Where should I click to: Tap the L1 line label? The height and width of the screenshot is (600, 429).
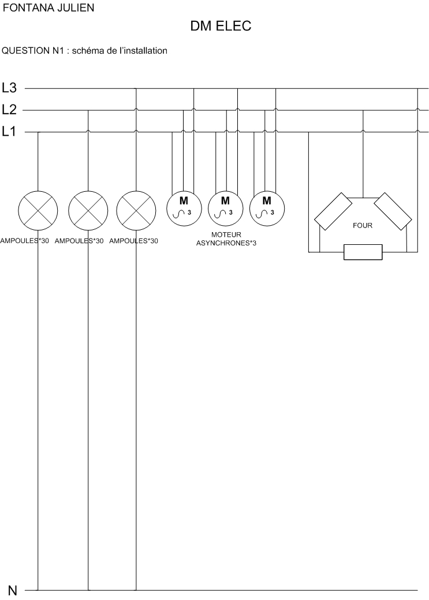click(x=9, y=132)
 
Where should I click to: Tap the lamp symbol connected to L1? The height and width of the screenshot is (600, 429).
click(x=38, y=210)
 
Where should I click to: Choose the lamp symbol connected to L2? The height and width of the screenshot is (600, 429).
click(x=88, y=210)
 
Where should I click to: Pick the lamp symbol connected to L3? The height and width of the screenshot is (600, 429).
click(x=136, y=210)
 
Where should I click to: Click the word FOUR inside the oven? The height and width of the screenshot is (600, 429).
click(x=363, y=226)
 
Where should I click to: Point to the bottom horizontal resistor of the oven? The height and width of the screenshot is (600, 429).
click(x=363, y=252)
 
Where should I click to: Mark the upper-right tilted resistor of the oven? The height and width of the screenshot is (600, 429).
click(x=393, y=212)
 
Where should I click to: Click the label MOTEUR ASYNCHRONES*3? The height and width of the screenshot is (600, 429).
click(x=226, y=239)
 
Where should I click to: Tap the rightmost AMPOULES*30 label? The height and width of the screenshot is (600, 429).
click(x=133, y=241)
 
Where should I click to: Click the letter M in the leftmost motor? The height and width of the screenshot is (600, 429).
click(x=184, y=201)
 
